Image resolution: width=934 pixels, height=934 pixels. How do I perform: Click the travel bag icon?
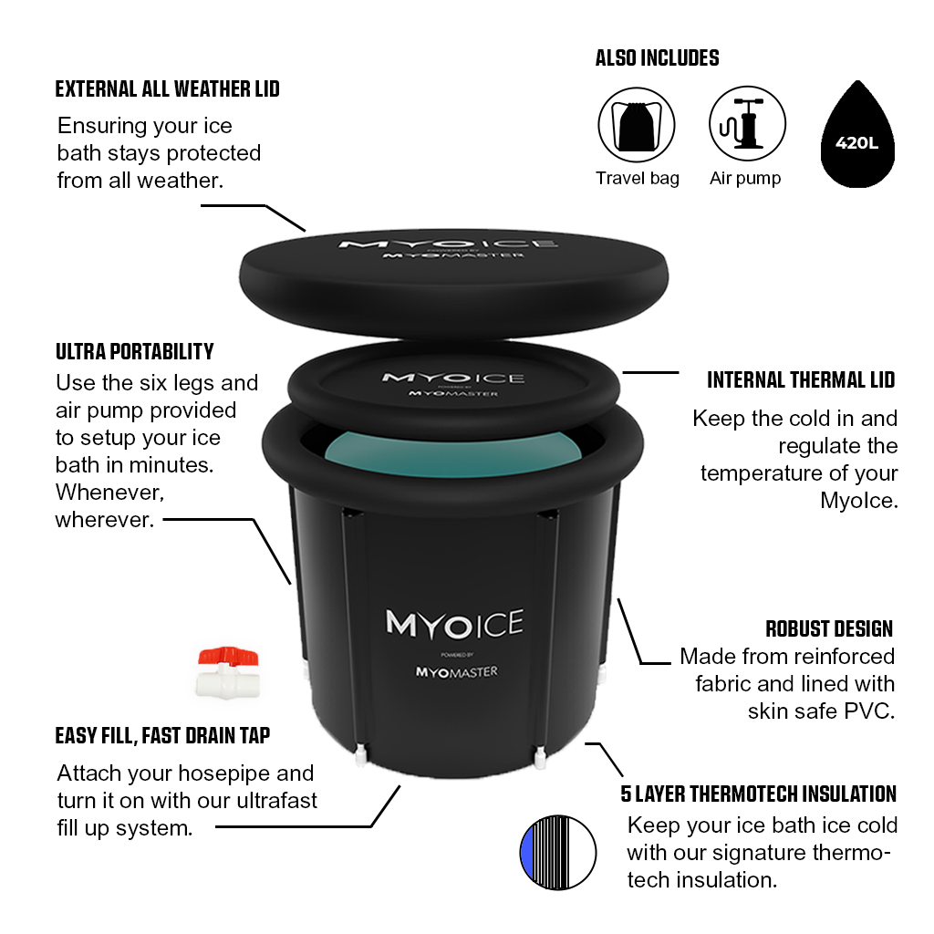pyautogui.click(x=636, y=125)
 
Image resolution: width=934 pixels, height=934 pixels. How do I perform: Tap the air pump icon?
pyautogui.click(x=747, y=124)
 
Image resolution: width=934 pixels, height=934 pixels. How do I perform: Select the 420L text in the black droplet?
pyautogui.click(x=856, y=143)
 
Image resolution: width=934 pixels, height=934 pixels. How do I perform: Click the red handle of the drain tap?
pyautogui.click(x=227, y=656)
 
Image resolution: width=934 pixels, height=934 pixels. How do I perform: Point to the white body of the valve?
pyautogui.click(x=227, y=681)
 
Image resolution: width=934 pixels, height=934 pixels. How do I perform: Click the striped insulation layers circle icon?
pyautogui.click(x=557, y=853)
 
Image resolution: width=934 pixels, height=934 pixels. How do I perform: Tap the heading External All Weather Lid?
pyautogui.click(x=168, y=89)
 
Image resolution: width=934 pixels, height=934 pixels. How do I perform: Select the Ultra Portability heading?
pyautogui.click(x=135, y=351)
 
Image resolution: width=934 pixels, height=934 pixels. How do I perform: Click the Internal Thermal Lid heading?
pyautogui.click(x=801, y=380)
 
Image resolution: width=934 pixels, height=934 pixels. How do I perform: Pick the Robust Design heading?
pyautogui.click(x=829, y=629)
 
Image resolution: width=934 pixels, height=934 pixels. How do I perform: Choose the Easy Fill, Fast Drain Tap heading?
pyautogui.click(x=162, y=736)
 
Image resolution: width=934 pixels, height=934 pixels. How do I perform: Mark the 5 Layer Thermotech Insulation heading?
pyautogui.click(x=758, y=794)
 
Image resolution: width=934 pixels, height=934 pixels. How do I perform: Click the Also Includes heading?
pyautogui.click(x=658, y=58)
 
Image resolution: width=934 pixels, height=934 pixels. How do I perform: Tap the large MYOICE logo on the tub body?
pyautogui.click(x=455, y=623)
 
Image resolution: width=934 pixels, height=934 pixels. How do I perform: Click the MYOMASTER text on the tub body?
pyautogui.click(x=456, y=672)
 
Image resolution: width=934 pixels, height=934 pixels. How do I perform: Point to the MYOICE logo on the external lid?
pyautogui.click(x=448, y=244)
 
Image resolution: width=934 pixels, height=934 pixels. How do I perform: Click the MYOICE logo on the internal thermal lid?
pyautogui.click(x=453, y=379)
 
